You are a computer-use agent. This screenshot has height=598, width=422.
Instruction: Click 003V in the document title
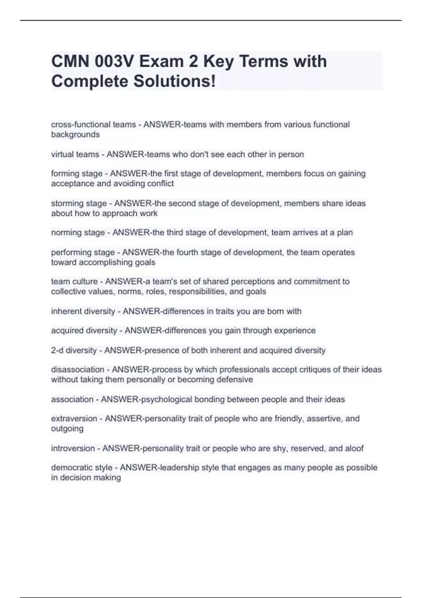pyautogui.click(x=114, y=62)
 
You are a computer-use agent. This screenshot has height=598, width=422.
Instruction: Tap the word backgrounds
pyautogui.click(x=75, y=134)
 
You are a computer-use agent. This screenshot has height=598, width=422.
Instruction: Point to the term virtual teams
pyautogui.click(x=75, y=154)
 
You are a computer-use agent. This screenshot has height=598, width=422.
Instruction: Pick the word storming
pyautogui.click(x=65, y=203)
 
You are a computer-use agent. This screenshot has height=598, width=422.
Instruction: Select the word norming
pyautogui.click(x=65, y=233)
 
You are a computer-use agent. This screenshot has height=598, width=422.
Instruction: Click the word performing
pyautogui.click(x=69, y=252)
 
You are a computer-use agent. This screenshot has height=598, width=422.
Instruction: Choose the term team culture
pyautogui.click(x=74, y=281)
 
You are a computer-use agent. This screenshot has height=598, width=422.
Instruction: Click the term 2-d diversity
pyautogui.click(x=74, y=350)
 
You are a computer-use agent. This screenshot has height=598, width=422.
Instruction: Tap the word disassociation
pyautogui.click(x=78, y=370)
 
